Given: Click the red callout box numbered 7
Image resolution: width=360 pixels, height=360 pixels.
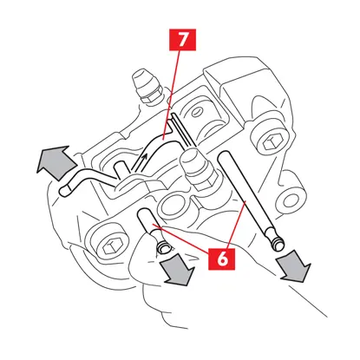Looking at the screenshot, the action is pyautogui.click(x=182, y=40).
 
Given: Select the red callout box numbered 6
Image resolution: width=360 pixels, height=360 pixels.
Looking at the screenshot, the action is pyautogui.click(x=222, y=259).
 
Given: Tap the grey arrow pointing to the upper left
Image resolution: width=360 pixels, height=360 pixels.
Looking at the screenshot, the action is pyautogui.click(x=56, y=163).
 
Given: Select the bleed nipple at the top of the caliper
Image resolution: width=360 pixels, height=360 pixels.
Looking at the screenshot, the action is pyautogui.click(x=147, y=86).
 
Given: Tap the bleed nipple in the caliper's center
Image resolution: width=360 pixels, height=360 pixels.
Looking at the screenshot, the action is pyautogui.click(x=198, y=171).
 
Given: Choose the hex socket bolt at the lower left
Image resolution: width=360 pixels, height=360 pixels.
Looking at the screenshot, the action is pyautogui.click(x=109, y=246).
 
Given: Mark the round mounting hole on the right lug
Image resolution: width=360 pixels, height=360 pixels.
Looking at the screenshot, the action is pyautogui.click(x=290, y=200).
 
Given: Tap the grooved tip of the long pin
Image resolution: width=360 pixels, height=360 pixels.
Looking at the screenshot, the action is pyautogui.click(x=277, y=242).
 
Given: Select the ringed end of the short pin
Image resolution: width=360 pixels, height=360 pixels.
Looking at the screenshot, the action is pyautogui.click(x=164, y=247).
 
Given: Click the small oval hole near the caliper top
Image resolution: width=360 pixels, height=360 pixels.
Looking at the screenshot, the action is pyautogui.click(x=198, y=112).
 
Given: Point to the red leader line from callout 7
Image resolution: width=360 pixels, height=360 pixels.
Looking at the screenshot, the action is pyautogui.click(x=172, y=93).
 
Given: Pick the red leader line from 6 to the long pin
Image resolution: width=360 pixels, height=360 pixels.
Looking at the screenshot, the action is pyautogui.click(x=237, y=225).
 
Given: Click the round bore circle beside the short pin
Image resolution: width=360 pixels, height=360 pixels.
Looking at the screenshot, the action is pyautogui.click(x=173, y=205).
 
